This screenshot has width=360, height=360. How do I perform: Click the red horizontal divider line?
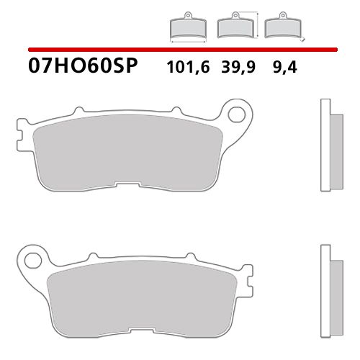[x=180, y=49]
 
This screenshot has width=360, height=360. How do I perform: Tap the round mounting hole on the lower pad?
[x=30, y=258]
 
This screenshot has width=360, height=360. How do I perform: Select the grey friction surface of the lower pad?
[x=137, y=297]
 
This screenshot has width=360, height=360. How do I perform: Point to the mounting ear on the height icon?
[x=232, y=17]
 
